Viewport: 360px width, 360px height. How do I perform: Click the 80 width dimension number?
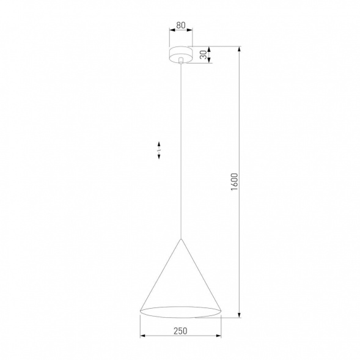click(180, 26)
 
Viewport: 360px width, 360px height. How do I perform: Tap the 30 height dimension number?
click(203, 54)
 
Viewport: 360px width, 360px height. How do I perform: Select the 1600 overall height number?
click(234, 182)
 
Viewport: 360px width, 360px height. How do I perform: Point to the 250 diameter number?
click(180, 331)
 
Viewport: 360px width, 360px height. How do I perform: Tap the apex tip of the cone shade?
click(180, 238)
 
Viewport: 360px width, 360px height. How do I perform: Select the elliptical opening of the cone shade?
click(180, 310)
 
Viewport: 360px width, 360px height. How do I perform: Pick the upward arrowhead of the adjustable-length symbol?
click(159, 143)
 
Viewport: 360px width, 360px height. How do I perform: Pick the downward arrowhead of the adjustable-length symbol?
click(159, 158)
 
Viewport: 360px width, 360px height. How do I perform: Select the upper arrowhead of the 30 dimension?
click(210, 49)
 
